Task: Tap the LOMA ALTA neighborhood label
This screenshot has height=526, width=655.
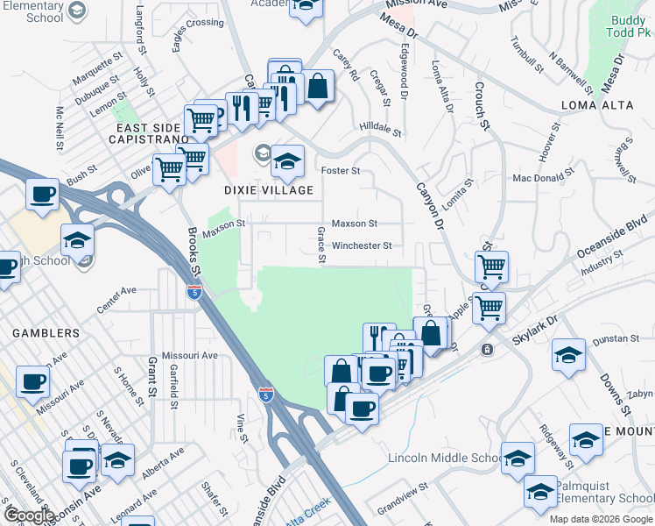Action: [596, 106]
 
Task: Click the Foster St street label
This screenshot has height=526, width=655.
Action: [342, 170]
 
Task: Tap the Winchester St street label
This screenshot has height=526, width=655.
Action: [362, 246]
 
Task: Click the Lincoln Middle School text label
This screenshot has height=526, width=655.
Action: [443, 458]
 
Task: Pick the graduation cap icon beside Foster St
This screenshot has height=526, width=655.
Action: [286, 160]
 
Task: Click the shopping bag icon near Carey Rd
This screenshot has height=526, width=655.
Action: [318, 87]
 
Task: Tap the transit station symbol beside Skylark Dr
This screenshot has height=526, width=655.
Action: [487, 349]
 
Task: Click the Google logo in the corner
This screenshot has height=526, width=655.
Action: [29, 515]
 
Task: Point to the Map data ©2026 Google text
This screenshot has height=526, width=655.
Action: [600, 519]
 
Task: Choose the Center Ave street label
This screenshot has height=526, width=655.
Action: [116, 290]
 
